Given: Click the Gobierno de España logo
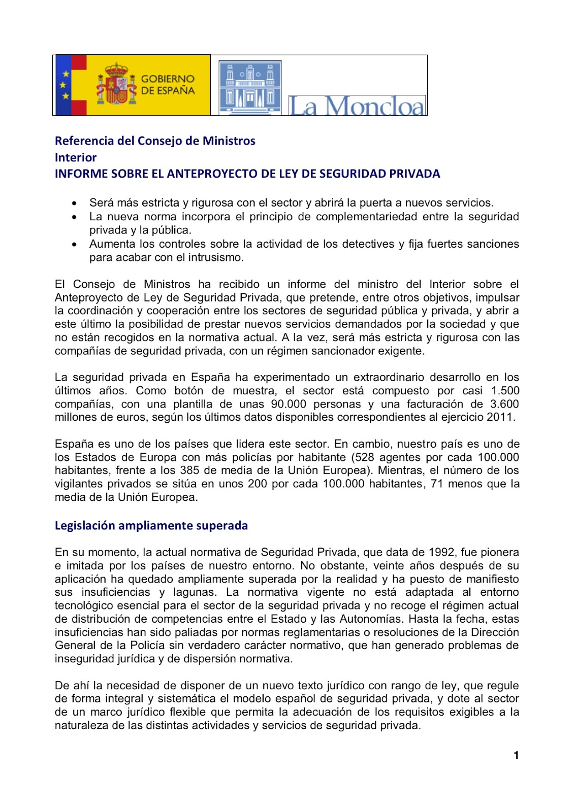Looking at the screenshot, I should tap(132, 85).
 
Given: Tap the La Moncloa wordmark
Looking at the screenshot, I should tap(357, 106).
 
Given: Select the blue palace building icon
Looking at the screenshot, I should tap(250, 88).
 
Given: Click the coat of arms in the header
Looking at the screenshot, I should tap(117, 84).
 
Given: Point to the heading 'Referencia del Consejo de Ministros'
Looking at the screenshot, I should tap(155, 141).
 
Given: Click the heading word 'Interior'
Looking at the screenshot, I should tap(76, 157).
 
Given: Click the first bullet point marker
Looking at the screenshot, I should tap(75, 203).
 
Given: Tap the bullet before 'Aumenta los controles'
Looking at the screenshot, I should tap(75, 244).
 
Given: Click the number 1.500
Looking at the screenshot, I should tap(505, 391).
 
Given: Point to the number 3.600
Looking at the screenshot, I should tap(504, 404).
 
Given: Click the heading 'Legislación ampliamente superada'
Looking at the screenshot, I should tap(151, 525).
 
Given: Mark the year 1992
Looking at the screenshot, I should tap(441, 552).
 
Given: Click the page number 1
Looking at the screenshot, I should tap(516, 755).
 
